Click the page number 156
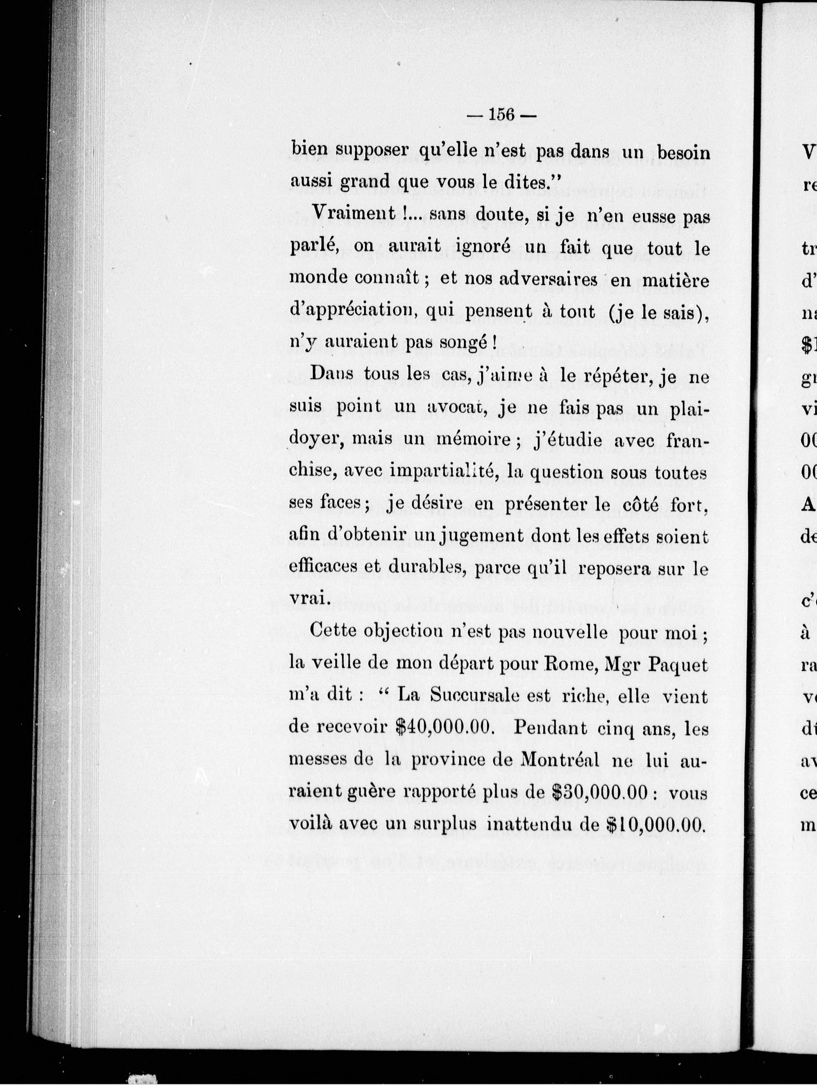(500, 115)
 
